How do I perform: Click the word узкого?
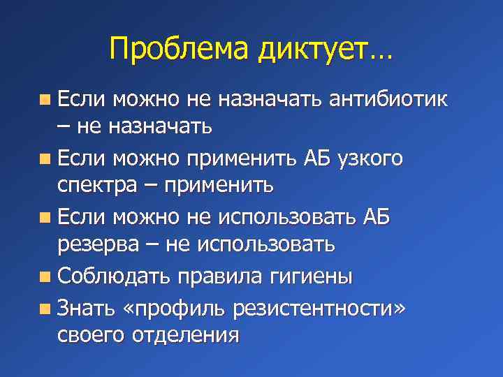tap(370, 158)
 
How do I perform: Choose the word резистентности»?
tap(321, 306)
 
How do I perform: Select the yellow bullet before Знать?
tap(45, 306)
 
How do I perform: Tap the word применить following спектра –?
tap(225, 186)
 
